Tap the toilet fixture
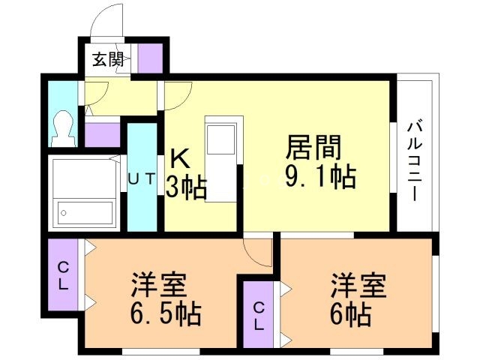click(62, 129)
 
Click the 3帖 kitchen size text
click(186, 187)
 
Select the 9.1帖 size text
click(319, 177)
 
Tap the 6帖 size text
click(352, 313)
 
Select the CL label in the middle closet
click(258, 315)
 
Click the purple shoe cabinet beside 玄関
click(149, 58)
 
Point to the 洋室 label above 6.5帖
click(158, 286)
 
